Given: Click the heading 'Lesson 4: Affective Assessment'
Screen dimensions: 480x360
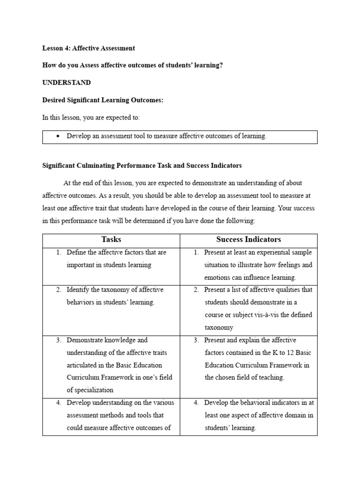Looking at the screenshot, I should click(89, 48).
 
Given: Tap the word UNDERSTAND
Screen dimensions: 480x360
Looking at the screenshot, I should click(67, 82).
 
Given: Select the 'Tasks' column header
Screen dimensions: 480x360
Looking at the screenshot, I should click(111, 240).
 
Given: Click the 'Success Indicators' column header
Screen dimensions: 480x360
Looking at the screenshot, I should click(248, 240).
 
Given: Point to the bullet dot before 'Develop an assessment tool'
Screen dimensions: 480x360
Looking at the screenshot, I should click(58, 136).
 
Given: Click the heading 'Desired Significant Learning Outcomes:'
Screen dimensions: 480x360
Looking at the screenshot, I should click(103, 100).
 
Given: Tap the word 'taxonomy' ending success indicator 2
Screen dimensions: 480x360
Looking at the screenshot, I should click(219, 328).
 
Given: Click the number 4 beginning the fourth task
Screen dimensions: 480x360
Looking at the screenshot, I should click(59, 403).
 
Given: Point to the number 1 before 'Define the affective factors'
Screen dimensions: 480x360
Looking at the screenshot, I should click(59, 252).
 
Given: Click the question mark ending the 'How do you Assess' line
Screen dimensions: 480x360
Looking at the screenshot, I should click(221, 65).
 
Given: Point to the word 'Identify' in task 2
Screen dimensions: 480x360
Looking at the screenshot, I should click(78, 290).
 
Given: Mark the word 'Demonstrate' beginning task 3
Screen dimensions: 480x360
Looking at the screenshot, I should click(86, 340).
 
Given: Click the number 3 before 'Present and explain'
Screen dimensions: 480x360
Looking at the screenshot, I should click(196, 340).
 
